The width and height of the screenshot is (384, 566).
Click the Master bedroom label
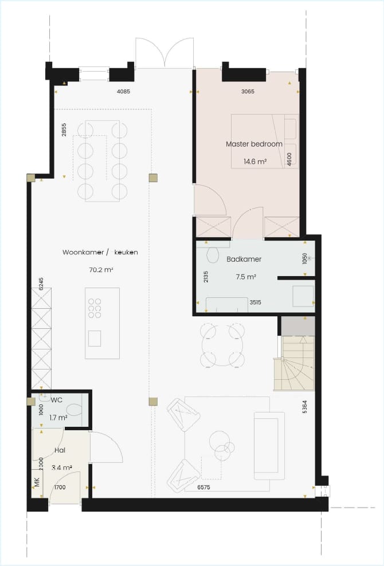pyautogui.click(x=254, y=144)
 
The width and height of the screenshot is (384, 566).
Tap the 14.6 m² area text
pyautogui.click(x=254, y=162)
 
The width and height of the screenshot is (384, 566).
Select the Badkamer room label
pyautogui.click(x=244, y=259)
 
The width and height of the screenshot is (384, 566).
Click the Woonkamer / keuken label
pyautogui.click(x=100, y=252)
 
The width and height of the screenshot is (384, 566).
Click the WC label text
pyautogui.click(x=56, y=399)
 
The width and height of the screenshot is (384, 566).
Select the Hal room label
pyautogui.click(x=60, y=451)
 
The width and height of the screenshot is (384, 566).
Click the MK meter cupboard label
pyautogui.click(x=37, y=482)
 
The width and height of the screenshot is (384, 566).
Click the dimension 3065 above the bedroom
pyautogui.click(x=248, y=91)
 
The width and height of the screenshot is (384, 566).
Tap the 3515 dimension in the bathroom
pyautogui.click(x=255, y=302)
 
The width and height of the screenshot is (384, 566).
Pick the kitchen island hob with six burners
pyautogui.click(x=95, y=308)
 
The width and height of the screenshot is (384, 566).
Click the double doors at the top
pyautogui.click(x=164, y=53)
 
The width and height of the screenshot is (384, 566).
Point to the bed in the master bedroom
pyautogui.click(x=264, y=140)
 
